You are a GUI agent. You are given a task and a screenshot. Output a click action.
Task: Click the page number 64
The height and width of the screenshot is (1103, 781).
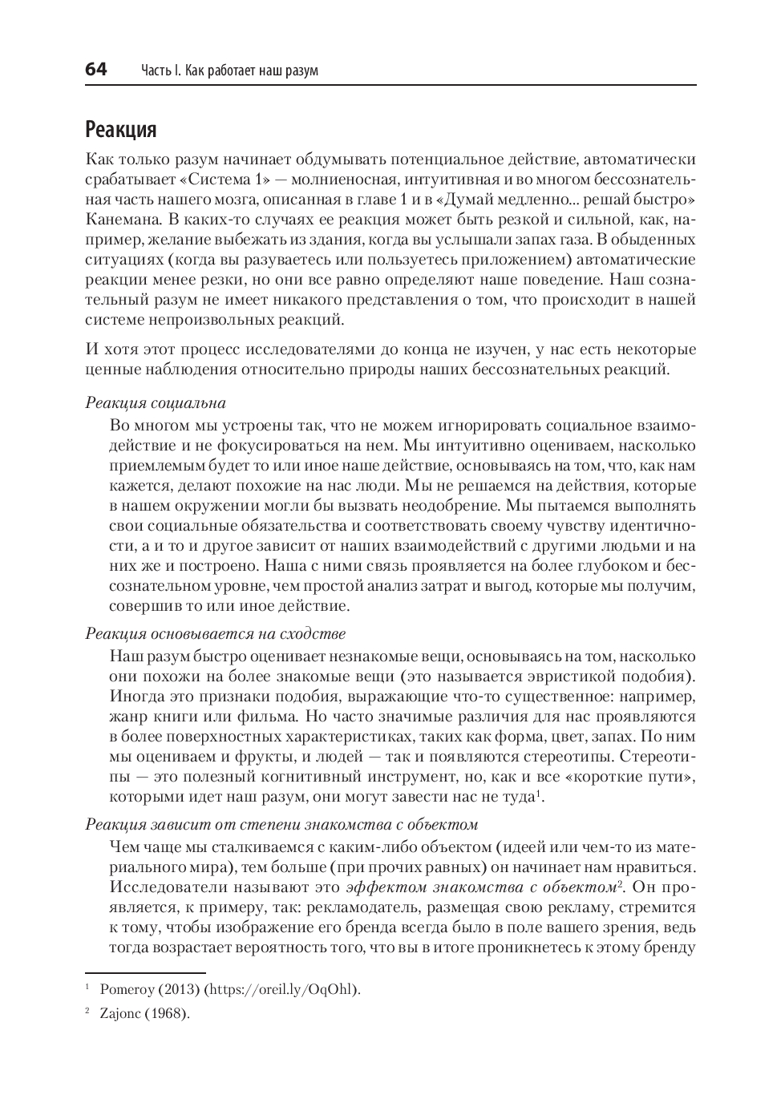tap(95, 70)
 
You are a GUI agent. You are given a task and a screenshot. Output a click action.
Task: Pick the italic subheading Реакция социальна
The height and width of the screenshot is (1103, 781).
tap(156, 403)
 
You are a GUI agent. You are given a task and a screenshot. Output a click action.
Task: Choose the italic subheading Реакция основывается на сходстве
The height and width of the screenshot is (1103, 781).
tap(215, 634)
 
